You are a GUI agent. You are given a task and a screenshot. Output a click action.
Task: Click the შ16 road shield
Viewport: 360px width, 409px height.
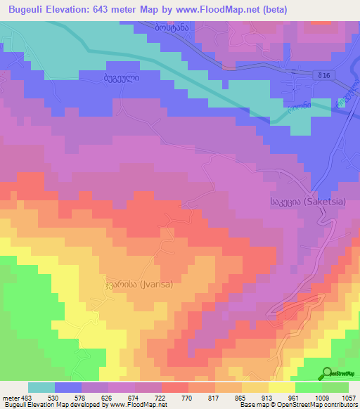click(x=322, y=74)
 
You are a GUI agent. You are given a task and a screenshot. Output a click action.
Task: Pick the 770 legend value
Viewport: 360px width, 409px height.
click(x=188, y=397)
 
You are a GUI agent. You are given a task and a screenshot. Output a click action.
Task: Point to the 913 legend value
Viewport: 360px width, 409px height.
click(x=268, y=397)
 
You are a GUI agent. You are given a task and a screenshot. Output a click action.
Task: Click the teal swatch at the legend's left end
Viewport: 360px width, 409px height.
click(x=41, y=387)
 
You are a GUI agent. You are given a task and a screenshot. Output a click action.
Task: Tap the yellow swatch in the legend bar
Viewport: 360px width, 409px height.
click(x=282, y=387)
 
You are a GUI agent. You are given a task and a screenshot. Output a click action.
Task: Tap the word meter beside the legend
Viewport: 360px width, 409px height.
click(x=11, y=397)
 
